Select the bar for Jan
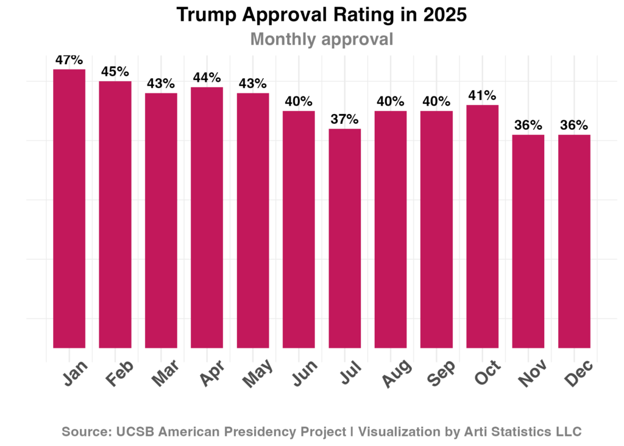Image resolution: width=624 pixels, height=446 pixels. pyautogui.click(x=69, y=208)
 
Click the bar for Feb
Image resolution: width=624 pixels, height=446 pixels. pyautogui.click(x=115, y=214)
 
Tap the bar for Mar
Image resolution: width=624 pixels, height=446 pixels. pyautogui.click(x=161, y=220)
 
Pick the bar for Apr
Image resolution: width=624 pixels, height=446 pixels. pyautogui.click(x=207, y=217)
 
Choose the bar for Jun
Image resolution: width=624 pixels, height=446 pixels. pyautogui.click(x=299, y=229)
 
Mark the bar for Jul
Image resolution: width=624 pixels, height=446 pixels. pyautogui.click(x=345, y=238)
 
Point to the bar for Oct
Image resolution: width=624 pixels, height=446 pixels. pyautogui.click(x=483, y=226)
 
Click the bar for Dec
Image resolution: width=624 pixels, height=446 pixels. pyautogui.click(x=574, y=241)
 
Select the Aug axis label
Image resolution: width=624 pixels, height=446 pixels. pyautogui.click(x=395, y=374)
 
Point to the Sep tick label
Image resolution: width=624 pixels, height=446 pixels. pyautogui.click(x=441, y=373)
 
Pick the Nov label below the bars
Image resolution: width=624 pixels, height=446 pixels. pyautogui.click(x=533, y=374)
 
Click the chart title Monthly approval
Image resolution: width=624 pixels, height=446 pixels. pyautogui.click(x=322, y=40)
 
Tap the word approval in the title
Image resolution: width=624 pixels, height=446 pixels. pyautogui.click(x=357, y=40)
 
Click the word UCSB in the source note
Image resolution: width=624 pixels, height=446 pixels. pyautogui.click(x=133, y=432)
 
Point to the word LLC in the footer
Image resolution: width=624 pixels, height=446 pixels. pyautogui.click(x=568, y=432)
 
